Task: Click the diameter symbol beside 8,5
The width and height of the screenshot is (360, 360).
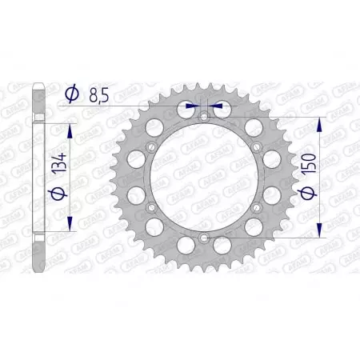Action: [x=70, y=94]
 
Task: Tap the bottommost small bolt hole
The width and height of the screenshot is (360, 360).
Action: [x=204, y=238]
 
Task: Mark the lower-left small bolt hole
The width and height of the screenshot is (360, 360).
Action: [x=152, y=207]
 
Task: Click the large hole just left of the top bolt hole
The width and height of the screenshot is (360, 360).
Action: [x=187, y=107]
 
